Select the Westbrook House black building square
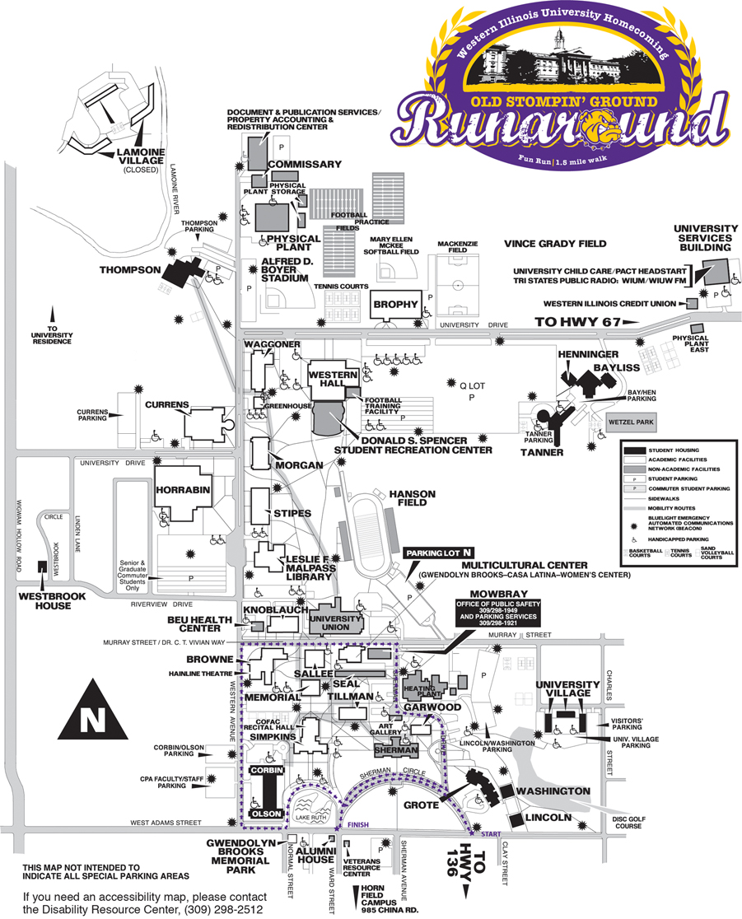[41, 567]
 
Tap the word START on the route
[491, 834]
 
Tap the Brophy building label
[396, 305]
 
